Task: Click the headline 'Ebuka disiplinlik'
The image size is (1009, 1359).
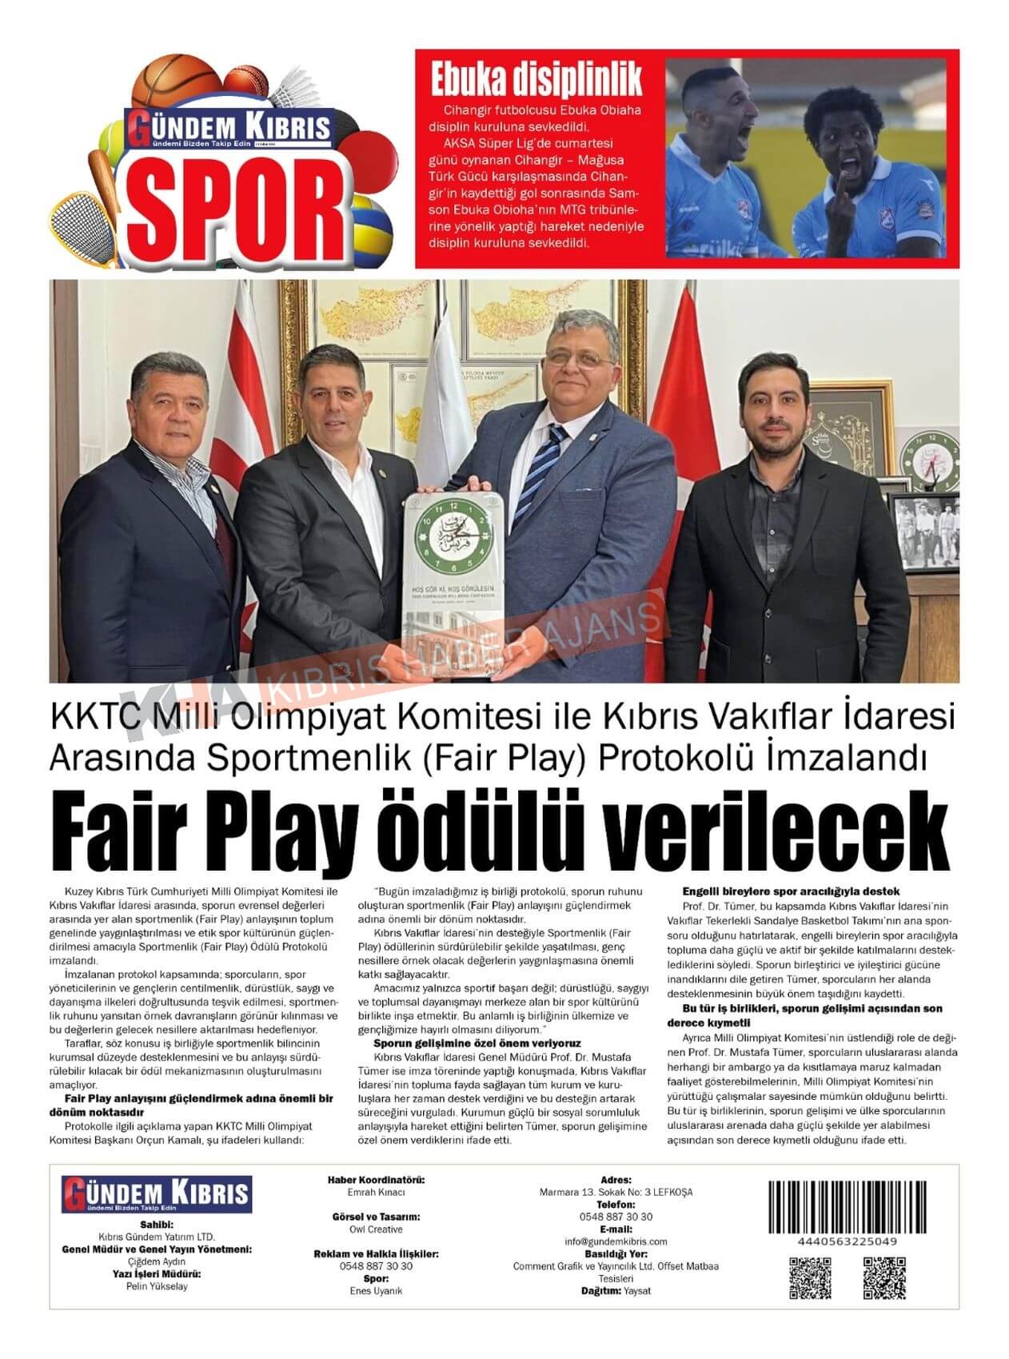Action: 536,81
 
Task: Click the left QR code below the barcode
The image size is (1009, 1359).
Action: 811,1277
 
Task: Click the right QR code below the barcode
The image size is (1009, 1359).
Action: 883,1277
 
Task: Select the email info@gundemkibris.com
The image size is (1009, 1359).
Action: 616,1241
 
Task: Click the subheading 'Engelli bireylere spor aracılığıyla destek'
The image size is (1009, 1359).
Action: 791,891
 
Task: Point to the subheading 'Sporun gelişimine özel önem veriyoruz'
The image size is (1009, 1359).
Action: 477,1043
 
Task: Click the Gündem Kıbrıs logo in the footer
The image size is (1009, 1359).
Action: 157,1194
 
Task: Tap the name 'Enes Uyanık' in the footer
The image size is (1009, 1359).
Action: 376,1291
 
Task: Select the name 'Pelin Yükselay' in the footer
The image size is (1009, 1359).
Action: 157,1286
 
